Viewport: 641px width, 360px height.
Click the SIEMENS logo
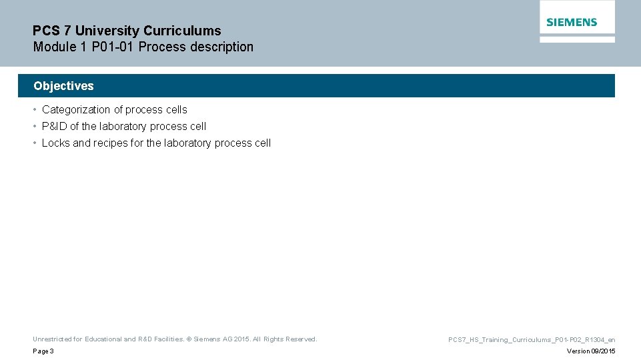[572, 22]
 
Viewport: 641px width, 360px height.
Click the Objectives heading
[63, 86]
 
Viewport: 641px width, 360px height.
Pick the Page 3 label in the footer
[43, 351]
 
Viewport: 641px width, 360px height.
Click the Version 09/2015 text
[591, 351]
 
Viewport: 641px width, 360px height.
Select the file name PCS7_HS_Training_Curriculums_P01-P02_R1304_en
[532, 340]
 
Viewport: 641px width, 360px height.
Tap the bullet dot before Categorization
[35, 110]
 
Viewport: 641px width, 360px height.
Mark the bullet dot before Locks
[35, 143]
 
